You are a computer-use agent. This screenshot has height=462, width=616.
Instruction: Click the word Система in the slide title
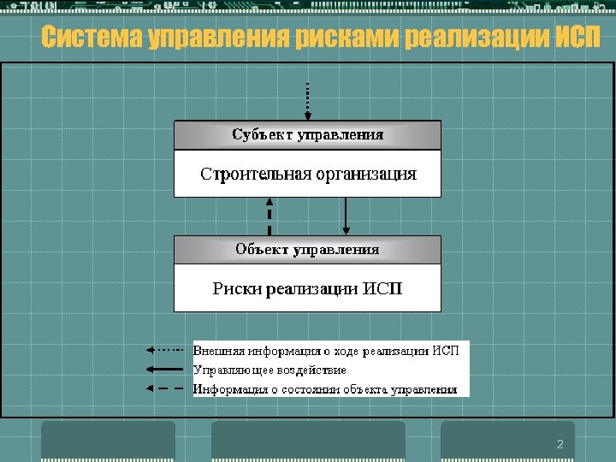pos(92,38)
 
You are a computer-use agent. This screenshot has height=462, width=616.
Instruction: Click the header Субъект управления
pos(307,134)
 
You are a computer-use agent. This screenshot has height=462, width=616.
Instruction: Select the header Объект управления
pos(307,250)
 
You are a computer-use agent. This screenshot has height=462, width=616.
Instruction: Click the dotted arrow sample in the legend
pos(164,350)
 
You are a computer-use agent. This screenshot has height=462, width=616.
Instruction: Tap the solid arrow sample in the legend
pos(164,370)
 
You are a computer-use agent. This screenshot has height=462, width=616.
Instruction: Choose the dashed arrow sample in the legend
pos(164,389)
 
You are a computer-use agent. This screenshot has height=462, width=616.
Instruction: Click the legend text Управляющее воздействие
pos(269,370)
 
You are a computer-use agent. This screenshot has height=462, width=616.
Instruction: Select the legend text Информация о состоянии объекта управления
pos(325,389)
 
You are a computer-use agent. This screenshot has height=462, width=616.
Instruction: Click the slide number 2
pos(560,444)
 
